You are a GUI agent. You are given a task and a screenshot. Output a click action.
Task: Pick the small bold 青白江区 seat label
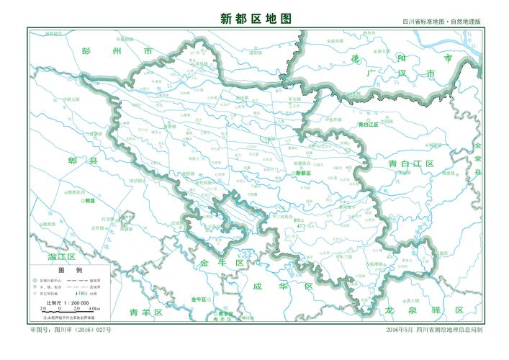[369, 125]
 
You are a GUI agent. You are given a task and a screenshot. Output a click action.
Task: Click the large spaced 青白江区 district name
[410, 164]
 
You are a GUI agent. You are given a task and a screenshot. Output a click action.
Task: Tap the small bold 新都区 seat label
[303, 174]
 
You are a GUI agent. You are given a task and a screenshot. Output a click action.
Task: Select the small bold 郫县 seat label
[90, 201]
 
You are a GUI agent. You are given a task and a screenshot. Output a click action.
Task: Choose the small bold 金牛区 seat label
[199, 298]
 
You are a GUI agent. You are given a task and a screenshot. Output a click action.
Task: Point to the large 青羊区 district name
[147, 312]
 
